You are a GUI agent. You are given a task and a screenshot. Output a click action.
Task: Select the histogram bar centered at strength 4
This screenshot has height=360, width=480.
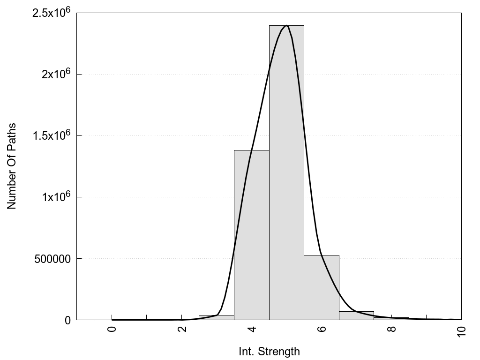[252, 235]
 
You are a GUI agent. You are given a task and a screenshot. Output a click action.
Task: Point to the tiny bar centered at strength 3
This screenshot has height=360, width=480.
[217, 317]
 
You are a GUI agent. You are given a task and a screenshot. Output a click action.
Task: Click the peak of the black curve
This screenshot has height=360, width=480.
[286, 26]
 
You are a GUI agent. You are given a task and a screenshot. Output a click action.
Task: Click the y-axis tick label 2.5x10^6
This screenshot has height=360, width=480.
[51, 13]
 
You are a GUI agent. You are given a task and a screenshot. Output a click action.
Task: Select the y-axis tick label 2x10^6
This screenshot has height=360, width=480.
[54, 75]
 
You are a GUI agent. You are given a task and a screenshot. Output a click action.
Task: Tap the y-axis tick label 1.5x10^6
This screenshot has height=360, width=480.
[51, 136]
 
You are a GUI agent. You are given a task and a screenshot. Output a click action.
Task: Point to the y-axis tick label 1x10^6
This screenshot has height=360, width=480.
[54, 197]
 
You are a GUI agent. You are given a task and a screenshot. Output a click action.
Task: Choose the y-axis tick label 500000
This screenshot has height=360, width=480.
[52, 259]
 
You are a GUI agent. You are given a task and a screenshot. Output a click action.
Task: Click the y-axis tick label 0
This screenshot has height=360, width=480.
[67, 320]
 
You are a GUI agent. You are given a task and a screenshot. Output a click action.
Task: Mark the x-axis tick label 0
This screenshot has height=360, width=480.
[112, 329]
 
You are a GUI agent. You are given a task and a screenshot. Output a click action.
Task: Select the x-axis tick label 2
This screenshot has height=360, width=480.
[182, 329]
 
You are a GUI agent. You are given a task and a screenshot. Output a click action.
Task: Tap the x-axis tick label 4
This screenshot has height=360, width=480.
[252, 329]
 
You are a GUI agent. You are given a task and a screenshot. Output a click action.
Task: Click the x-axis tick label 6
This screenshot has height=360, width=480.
[322, 329]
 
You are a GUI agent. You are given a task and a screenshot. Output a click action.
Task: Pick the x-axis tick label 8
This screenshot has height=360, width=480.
[391, 329]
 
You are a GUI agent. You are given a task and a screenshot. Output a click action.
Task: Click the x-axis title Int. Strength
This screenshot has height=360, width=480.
[269, 351]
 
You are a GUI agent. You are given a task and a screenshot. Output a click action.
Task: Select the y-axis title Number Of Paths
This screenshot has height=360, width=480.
[12, 166]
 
